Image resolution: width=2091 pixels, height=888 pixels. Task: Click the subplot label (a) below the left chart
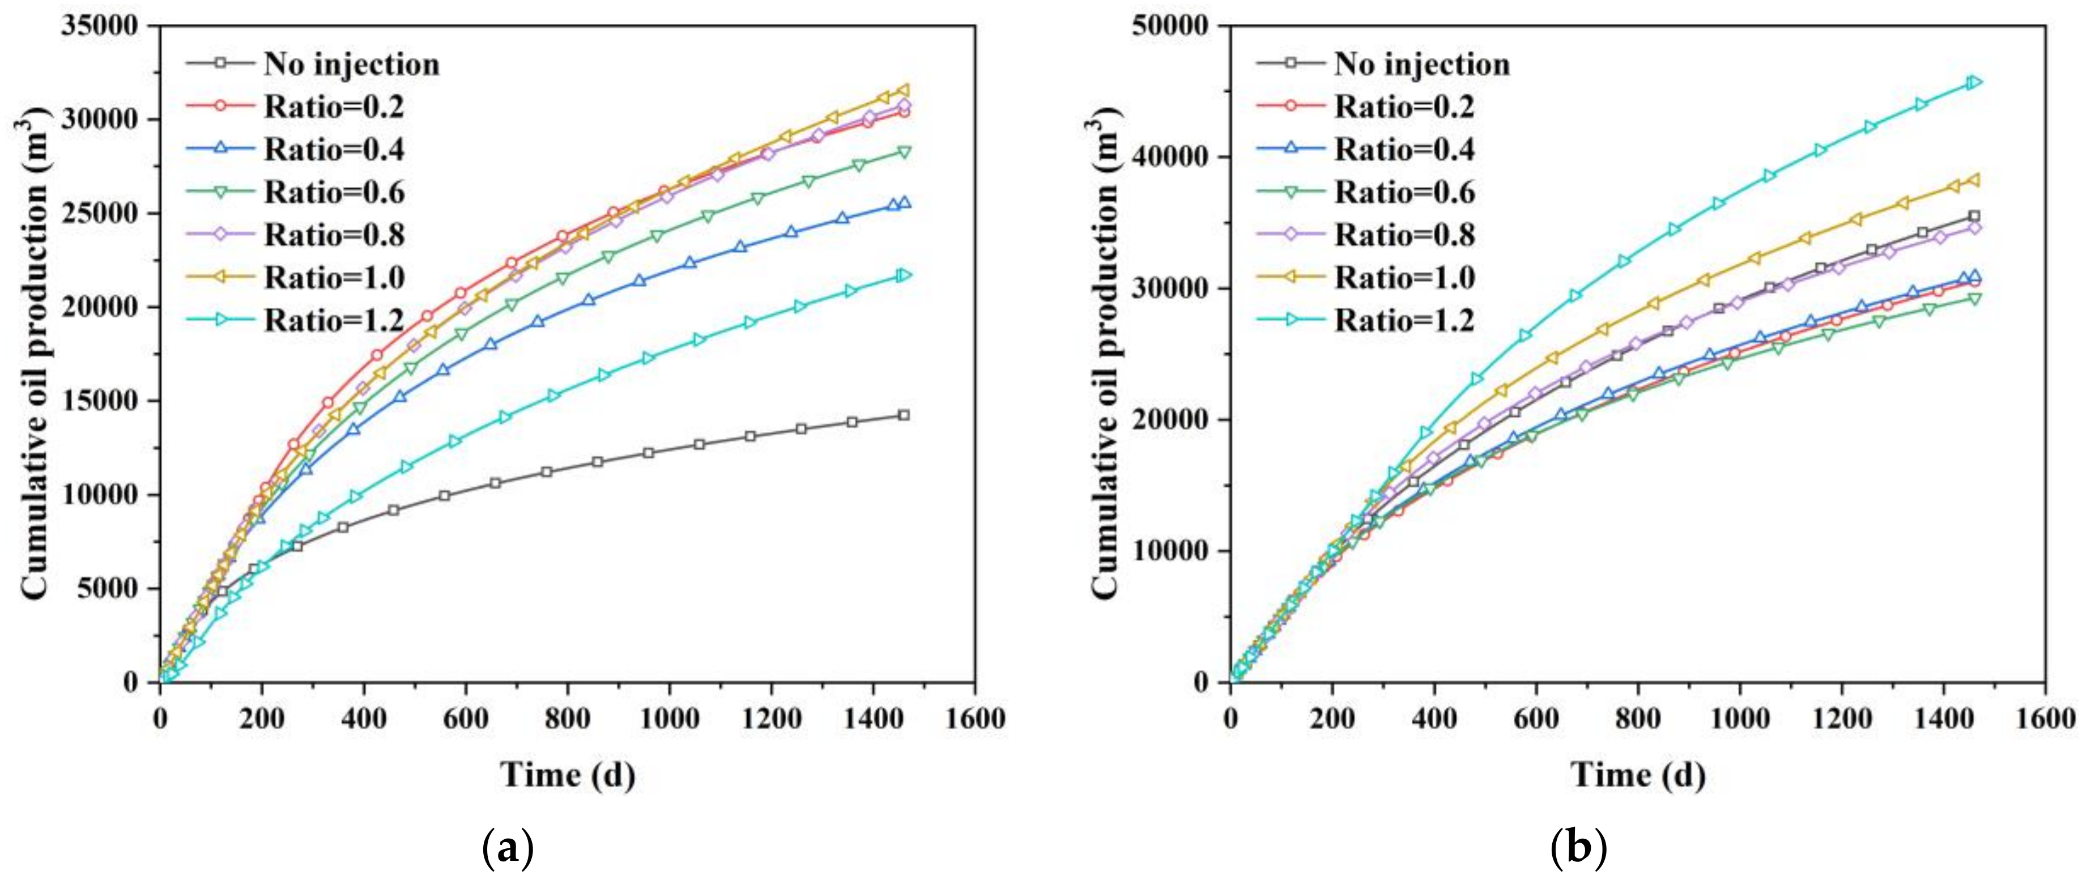tap(508, 850)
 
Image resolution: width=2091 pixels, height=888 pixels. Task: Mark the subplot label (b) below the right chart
tap(1578, 850)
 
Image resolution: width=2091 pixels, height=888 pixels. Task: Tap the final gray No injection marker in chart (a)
tap(904, 415)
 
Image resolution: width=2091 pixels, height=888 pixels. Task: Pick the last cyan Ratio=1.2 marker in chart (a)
tap(904, 275)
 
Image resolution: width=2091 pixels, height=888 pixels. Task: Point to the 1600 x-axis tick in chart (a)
tap(975, 719)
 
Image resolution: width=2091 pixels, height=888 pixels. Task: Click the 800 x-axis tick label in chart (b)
tap(1638, 719)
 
